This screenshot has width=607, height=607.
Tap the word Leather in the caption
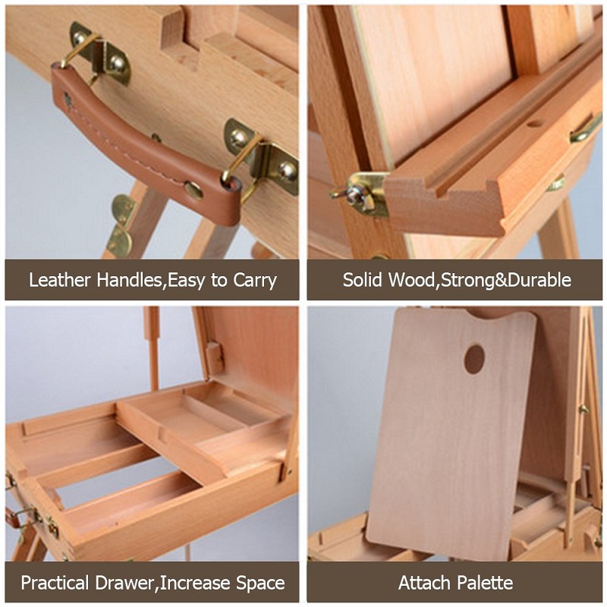(60, 279)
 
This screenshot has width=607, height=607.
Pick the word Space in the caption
(260, 583)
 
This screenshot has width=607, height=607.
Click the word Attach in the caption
(423, 583)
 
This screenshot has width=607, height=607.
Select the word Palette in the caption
(484, 583)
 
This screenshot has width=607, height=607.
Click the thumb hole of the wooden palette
(475, 359)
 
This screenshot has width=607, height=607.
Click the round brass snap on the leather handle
(193, 190)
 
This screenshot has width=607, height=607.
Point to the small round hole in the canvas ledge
(535, 124)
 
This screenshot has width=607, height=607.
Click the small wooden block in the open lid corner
(215, 357)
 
